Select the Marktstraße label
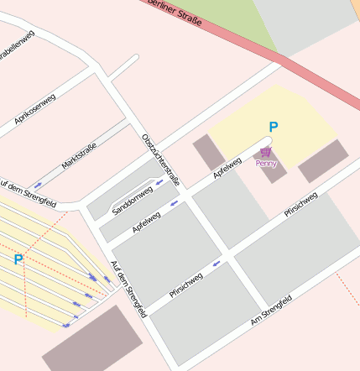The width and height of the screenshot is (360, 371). point(79,155)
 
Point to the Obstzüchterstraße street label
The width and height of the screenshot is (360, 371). point(161,159)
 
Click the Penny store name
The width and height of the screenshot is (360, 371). point(266,164)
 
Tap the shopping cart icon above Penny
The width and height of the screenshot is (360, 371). point(266,153)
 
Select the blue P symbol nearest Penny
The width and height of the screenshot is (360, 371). point(273,128)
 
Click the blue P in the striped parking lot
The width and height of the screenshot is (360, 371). point(18,260)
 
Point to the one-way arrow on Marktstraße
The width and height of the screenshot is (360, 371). point(38,185)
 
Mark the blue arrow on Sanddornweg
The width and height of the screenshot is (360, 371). point(159,181)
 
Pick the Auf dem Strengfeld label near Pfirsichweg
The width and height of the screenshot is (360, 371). point(128,288)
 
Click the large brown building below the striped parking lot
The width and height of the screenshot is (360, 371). point(92,341)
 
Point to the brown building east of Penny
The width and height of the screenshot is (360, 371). point(323,161)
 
